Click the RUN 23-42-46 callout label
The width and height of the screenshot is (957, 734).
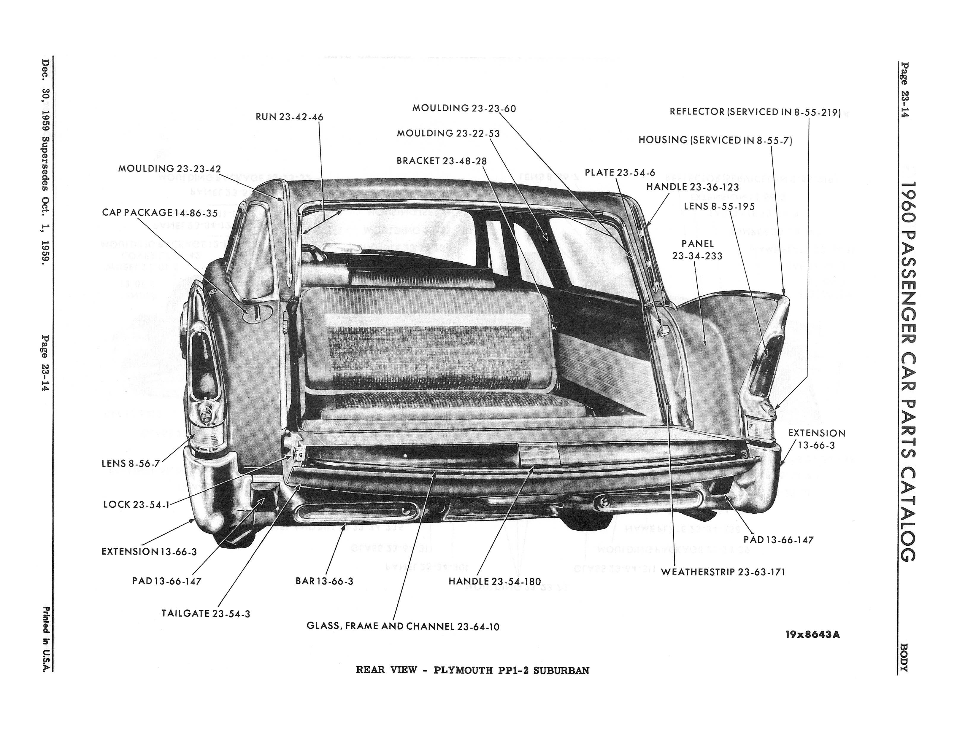click(289, 117)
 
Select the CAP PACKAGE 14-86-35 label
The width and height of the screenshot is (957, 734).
click(160, 213)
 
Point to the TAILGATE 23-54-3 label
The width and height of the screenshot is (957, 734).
click(205, 613)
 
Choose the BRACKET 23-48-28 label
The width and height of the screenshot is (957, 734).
click(442, 161)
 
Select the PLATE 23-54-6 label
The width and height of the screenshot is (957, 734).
click(620, 173)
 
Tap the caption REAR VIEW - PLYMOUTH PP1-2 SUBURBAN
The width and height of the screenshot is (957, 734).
click(473, 670)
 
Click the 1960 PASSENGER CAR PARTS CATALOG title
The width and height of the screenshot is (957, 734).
click(907, 371)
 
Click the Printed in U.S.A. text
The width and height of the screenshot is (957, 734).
click(46, 640)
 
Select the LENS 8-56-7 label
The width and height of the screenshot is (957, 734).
click(131, 463)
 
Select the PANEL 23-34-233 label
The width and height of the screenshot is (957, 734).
click(697, 250)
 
